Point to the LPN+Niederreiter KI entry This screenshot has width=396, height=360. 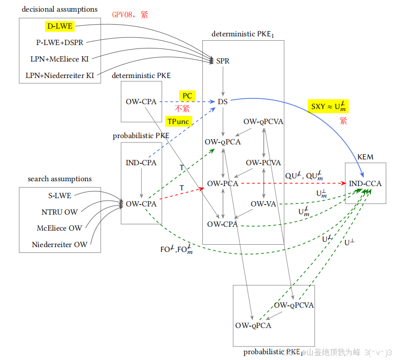(60, 76)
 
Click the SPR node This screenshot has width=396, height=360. (223, 61)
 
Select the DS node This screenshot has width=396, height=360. (223, 101)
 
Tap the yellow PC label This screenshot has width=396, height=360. (187, 96)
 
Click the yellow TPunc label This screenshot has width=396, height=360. (179, 121)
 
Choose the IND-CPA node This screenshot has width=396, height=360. (141, 163)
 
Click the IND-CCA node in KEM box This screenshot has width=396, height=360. (365, 184)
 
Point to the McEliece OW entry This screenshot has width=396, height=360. (59, 228)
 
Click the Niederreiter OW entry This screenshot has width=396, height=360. (60, 245)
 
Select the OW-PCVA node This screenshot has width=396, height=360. (263, 163)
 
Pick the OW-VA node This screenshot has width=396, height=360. (263, 204)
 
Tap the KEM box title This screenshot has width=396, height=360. (365, 157)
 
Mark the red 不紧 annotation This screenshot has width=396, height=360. (182, 109)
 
